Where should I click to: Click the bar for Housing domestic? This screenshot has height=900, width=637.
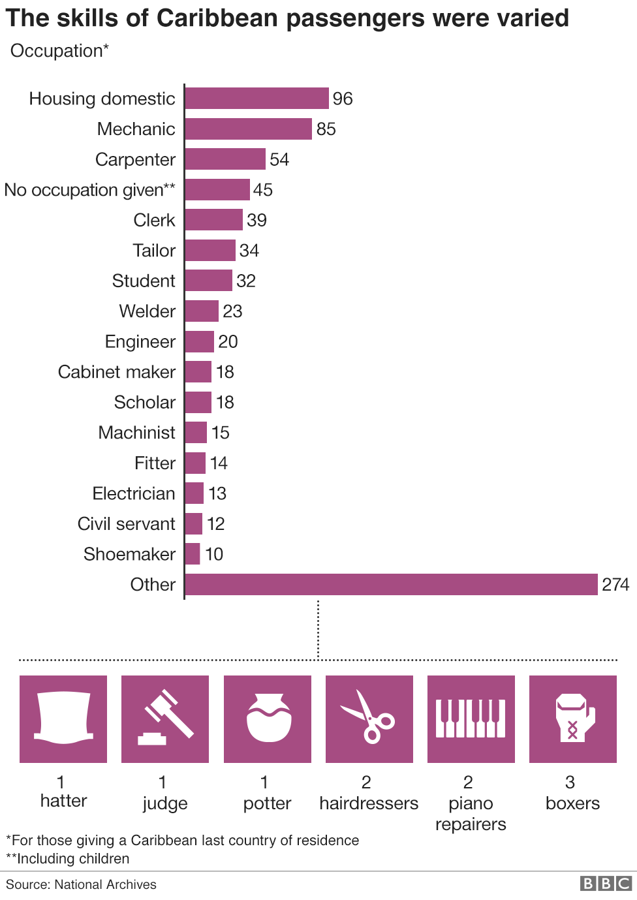pos(256,99)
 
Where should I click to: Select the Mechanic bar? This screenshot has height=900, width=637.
pos(248,129)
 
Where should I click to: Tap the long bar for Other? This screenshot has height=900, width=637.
pos(391,585)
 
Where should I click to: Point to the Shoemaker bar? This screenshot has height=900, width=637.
pos(193,554)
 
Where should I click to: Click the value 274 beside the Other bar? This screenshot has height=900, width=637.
pos(615,585)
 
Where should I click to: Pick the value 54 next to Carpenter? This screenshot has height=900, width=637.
pos(279,160)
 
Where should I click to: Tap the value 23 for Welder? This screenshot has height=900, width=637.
pos(232,311)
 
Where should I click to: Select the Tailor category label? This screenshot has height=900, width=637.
pos(154,251)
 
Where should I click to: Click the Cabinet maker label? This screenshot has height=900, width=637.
pos(117,372)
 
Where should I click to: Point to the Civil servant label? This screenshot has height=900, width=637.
pos(127,524)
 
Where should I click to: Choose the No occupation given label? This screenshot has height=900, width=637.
pos(90,190)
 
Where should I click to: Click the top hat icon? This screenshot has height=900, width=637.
pos(63,719)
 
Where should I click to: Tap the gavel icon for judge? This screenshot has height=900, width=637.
pos(165,719)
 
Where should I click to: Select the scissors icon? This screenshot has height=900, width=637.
pos(369,719)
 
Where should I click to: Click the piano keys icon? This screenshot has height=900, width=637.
pos(471,719)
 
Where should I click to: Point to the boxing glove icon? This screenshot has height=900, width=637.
pos(573,719)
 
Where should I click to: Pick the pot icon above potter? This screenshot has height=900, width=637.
pos(268,719)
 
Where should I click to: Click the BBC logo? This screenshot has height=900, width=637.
pos(606,884)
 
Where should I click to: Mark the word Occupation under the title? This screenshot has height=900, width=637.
pos(57,51)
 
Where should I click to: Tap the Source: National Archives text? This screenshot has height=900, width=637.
pos(82,884)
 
